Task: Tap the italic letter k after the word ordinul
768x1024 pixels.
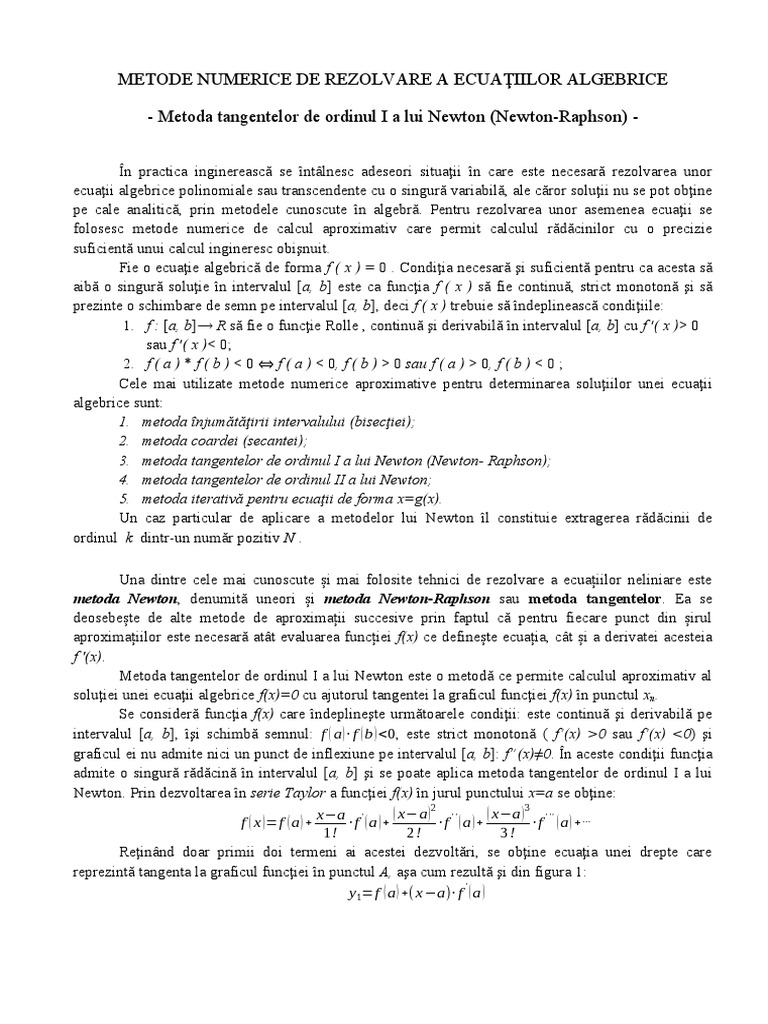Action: (x=128, y=536)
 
